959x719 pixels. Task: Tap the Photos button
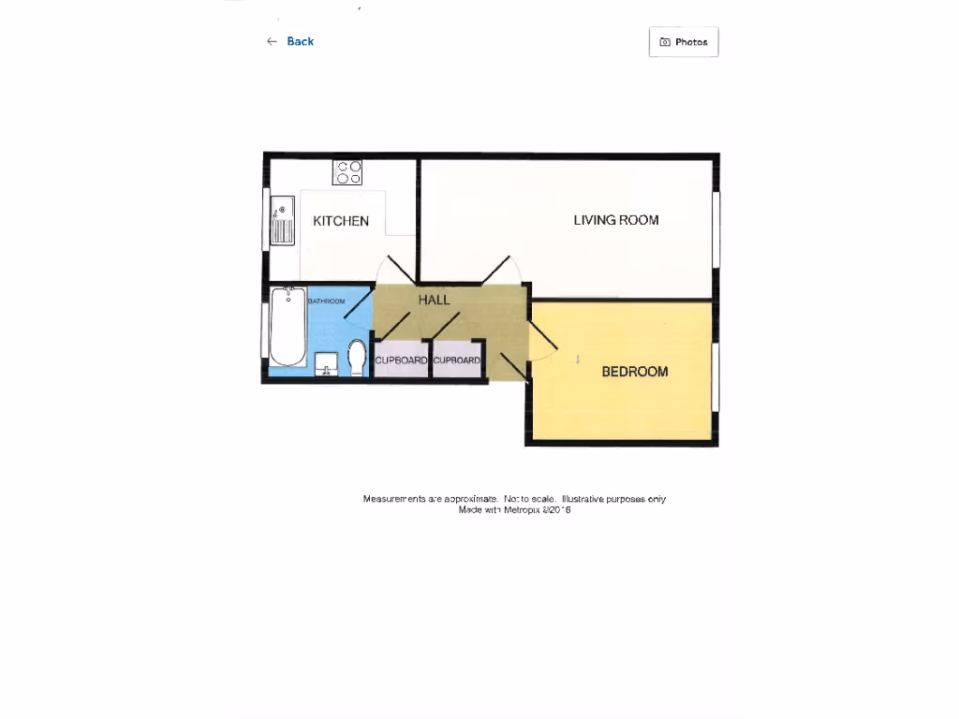(684, 42)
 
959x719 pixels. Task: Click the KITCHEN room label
(341, 222)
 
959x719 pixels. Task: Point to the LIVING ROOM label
(616, 220)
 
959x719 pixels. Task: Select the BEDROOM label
(635, 372)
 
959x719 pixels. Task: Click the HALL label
(434, 301)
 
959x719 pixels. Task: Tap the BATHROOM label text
(327, 301)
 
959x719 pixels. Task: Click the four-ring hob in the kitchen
(347, 172)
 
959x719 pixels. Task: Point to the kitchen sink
(282, 221)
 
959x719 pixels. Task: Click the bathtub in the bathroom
(287, 327)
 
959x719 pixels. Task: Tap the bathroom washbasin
(326, 362)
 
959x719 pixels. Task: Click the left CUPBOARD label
(402, 360)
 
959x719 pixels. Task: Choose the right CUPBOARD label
(457, 360)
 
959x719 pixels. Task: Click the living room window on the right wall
(716, 230)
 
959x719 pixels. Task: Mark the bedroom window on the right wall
(716, 377)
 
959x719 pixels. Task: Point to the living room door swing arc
(501, 268)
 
